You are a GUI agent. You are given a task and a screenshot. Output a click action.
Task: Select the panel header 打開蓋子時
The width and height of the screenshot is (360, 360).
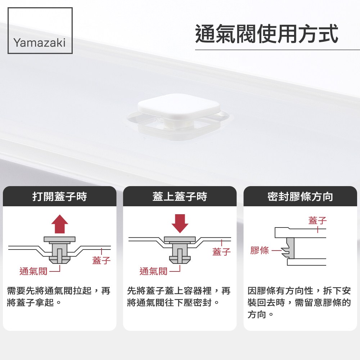60,197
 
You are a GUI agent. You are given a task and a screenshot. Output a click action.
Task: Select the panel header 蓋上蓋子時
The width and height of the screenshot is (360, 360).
180,197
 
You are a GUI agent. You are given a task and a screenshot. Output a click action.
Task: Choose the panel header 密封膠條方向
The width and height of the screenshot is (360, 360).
300,197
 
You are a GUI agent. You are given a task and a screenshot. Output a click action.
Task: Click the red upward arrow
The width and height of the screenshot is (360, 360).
60,224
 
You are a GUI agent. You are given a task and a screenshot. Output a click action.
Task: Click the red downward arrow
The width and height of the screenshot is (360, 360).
180,224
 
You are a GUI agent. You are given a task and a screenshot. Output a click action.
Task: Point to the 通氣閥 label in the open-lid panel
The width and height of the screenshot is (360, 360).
33,271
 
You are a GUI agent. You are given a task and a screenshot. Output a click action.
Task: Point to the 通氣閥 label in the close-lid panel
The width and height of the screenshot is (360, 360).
153,271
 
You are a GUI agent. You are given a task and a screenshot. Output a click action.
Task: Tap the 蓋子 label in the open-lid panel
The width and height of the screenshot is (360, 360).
102,260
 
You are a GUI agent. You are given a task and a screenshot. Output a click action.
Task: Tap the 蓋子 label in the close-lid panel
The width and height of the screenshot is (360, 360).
221,252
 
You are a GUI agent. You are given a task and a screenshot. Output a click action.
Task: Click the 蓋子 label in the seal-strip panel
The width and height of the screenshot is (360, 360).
318,220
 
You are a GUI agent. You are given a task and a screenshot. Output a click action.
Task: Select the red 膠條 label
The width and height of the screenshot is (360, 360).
260,250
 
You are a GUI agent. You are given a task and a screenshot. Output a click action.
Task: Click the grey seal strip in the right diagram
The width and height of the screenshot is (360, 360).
290,248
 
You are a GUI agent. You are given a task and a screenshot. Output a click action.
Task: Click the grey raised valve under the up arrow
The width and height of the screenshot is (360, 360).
59,251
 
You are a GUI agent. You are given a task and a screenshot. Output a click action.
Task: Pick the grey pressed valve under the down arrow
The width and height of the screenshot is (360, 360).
180,251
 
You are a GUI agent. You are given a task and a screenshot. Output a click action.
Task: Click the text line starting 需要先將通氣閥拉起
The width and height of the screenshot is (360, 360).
59,291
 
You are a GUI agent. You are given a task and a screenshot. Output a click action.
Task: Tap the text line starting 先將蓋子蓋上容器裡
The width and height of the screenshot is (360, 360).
179,291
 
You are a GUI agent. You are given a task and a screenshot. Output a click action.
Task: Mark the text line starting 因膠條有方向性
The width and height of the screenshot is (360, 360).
299,291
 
